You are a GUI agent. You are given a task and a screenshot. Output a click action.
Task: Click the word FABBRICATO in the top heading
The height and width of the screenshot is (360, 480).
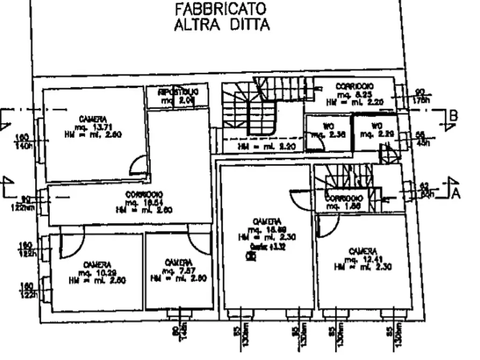click(221, 9)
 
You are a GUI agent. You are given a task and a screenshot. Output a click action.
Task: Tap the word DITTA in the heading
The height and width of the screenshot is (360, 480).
click(247, 25)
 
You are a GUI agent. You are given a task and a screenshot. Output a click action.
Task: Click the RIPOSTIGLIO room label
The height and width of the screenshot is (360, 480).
click(178, 92)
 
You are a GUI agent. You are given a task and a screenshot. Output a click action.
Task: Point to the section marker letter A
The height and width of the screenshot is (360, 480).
click(455, 193)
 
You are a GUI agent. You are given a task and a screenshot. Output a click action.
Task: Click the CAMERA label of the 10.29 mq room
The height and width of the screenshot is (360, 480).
click(97, 265)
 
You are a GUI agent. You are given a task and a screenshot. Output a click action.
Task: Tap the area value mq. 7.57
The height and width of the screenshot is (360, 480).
click(178, 270)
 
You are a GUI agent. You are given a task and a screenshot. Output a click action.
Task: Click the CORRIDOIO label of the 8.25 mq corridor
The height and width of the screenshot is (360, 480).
click(355, 86)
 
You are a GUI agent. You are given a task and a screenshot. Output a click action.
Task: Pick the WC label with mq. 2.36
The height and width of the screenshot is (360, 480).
click(328, 127)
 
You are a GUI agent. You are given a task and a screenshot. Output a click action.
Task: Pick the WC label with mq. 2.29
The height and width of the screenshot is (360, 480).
click(376, 126)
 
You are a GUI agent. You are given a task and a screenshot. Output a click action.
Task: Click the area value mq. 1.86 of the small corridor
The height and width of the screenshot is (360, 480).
click(344, 206)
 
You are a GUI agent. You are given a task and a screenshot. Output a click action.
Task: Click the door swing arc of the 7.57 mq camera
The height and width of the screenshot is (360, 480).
click(199, 243)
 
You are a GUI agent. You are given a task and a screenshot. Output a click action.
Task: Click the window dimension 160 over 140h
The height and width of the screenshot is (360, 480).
click(23, 141)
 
